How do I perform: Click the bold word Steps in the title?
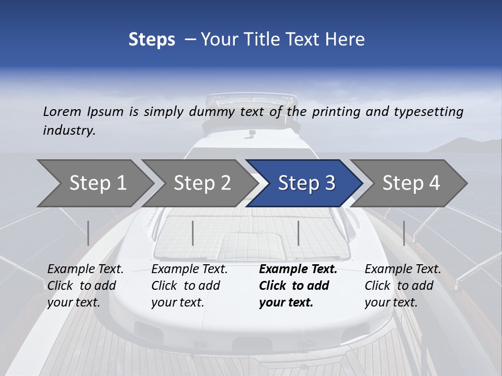[x=152, y=39]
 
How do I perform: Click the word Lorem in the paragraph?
[x=62, y=111]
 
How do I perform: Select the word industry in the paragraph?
[x=69, y=131]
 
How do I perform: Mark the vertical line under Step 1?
[x=88, y=233]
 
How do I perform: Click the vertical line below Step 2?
[x=193, y=233]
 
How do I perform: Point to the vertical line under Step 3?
[x=299, y=233]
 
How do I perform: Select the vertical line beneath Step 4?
[x=404, y=233]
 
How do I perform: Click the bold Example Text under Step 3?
[x=298, y=269]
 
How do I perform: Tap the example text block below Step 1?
[x=85, y=286]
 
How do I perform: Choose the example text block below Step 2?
[x=189, y=286]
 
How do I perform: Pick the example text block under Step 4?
[x=403, y=286]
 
